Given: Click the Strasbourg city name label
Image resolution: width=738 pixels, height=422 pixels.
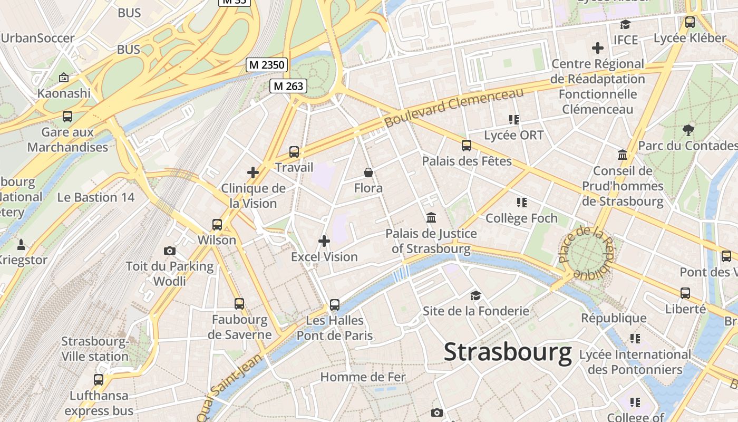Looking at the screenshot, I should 508,352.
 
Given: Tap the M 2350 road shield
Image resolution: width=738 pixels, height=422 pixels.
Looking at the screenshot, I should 267,65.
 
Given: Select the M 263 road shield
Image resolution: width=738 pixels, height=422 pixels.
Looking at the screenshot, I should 288,86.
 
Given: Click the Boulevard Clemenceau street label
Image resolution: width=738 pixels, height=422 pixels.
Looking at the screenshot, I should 454,108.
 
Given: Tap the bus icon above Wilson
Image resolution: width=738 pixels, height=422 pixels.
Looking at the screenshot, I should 217,225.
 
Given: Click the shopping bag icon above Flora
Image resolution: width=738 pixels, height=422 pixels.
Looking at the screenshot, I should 368,172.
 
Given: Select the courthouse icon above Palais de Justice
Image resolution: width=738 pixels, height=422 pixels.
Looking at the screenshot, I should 431,217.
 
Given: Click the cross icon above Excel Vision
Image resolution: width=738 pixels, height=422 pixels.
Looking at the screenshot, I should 324,242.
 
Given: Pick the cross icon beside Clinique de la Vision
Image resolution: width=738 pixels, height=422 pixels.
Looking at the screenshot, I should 253,172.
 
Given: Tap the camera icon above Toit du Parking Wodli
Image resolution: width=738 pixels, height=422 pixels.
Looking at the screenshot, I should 170,251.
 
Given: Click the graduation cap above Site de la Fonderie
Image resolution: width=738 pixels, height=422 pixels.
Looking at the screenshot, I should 476,295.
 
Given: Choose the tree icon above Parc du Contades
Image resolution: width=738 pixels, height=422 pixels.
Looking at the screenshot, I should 688,130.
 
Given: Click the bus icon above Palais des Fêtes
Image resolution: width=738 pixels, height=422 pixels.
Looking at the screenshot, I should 467,146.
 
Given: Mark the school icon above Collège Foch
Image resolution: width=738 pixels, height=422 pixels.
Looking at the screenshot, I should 521,203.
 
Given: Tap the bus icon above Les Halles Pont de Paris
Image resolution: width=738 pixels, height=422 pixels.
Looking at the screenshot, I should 335,305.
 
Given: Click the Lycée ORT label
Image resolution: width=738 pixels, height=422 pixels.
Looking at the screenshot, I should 513,135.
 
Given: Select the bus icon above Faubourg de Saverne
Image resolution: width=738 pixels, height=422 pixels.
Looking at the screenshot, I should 239,304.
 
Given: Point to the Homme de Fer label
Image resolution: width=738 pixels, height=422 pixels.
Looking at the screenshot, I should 363,377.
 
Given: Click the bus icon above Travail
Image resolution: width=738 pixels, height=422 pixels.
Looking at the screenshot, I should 294,152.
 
